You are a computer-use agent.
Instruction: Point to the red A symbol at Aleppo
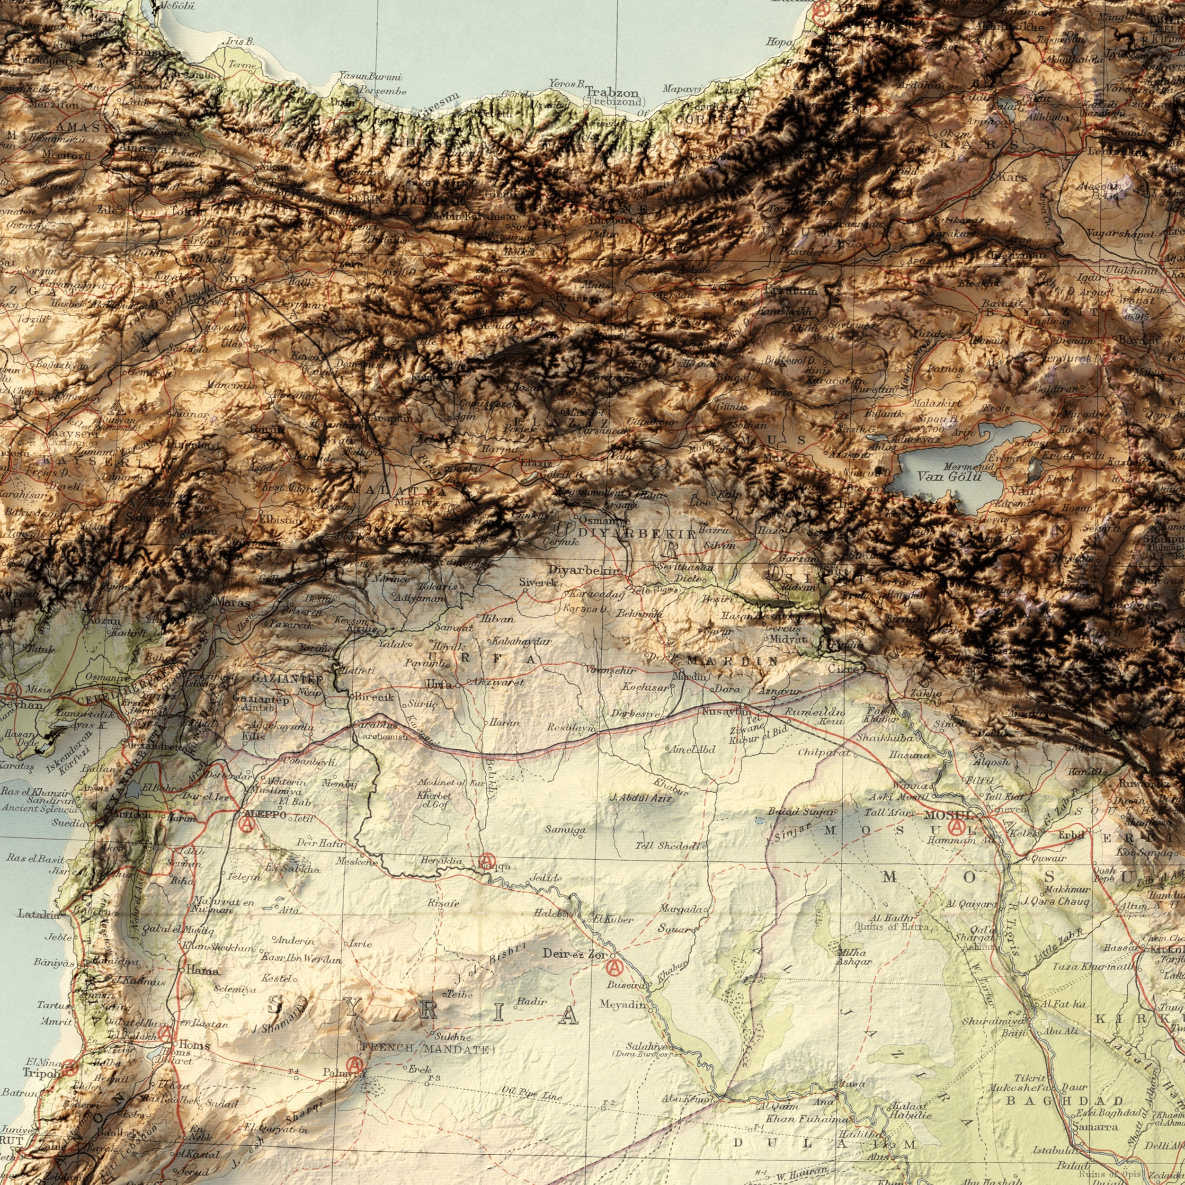[x=247, y=826]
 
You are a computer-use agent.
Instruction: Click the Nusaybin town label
[x=726, y=712]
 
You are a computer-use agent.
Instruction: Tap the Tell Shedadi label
[x=668, y=847]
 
